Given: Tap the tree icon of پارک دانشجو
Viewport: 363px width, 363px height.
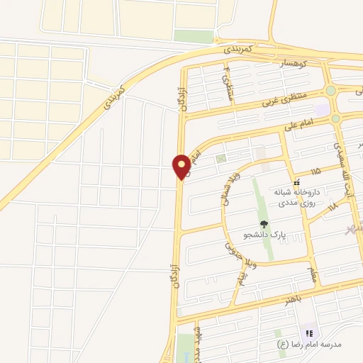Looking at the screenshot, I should click(x=264, y=223).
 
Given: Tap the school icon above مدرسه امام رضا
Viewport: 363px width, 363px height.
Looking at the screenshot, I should click(x=309, y=333).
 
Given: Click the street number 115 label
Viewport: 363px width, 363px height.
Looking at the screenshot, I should click(x=315, y=172).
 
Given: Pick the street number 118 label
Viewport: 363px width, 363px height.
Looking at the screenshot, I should click(x=332, y=206).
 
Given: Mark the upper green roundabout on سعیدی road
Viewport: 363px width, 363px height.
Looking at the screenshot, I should click(x=330, y=91).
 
